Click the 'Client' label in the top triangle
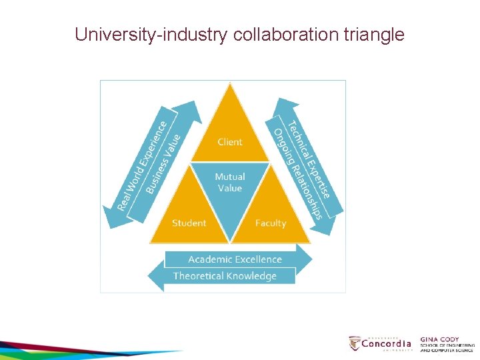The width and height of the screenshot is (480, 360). pyautogui.click(x=230, y=141)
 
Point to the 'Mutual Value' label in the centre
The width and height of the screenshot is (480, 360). pyautogui.click(x=230, y=182)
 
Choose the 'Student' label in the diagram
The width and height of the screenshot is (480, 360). pyautogui.click(x=189, y=223)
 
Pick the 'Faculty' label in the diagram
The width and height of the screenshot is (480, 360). pyautogui.click(x=271, y=223)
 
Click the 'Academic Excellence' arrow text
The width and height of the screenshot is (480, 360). pyautogui.click(x=235, y=259)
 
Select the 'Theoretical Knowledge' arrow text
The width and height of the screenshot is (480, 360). pyautogui.click(x=225, y=276)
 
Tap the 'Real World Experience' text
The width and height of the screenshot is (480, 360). pyautogui.click(x=142, y=165)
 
